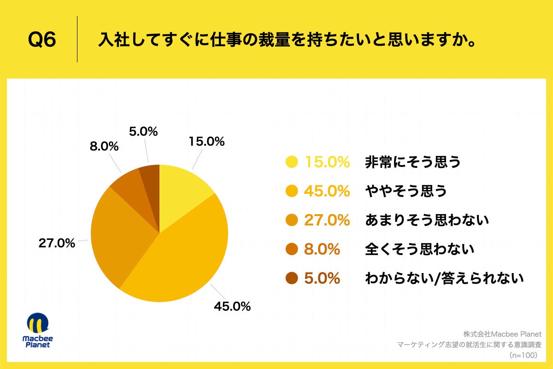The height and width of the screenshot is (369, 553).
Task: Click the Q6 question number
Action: pos(42,40)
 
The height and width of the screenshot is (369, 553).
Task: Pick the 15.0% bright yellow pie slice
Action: pos(182,194)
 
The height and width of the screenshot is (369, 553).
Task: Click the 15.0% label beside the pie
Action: pos(206,142)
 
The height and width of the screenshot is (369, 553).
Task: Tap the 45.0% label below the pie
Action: pos(232,306)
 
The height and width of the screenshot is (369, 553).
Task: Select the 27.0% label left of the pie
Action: pos(57,243)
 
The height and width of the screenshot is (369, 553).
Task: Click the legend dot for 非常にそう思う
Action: pos(292,162)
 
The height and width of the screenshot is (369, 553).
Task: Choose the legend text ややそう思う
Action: pos(406,191)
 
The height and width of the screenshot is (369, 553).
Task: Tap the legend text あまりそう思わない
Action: pos(426,220)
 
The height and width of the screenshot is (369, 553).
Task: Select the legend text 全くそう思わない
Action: pos(419,249)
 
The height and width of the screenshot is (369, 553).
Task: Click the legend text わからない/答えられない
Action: pos(444,278)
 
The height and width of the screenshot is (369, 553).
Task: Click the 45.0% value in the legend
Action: pos(327,191)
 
